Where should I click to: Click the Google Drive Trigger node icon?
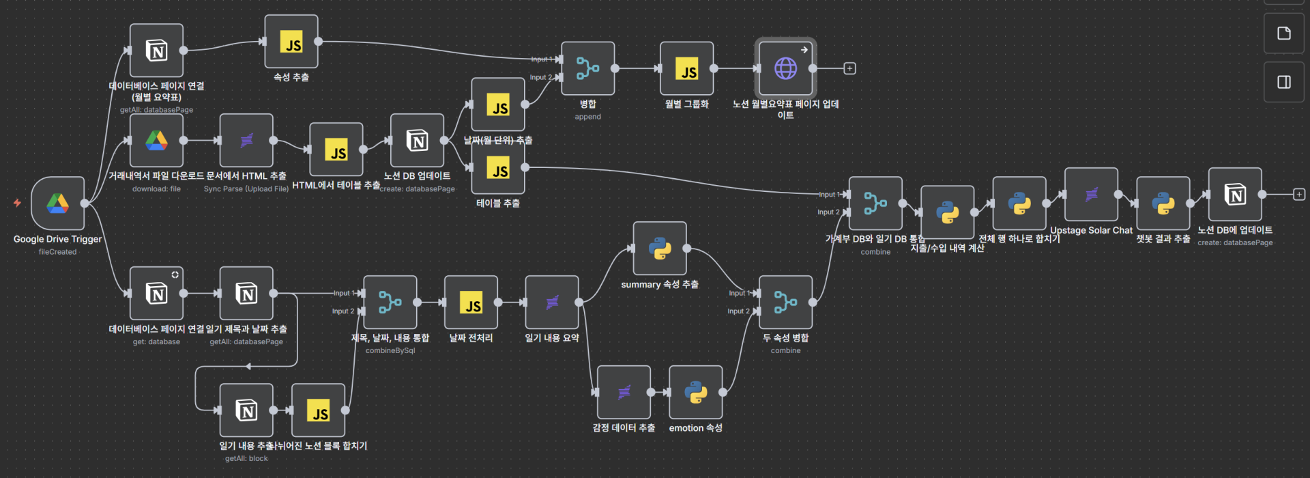(58, 203)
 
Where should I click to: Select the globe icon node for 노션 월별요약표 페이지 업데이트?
(785, 68)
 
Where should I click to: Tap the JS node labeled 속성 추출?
(291, 42)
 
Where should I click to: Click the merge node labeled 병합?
(587, 68)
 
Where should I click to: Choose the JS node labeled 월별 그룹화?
(686, 68)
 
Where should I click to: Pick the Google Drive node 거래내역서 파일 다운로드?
(156, 141)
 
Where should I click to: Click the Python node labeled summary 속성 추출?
(659, 249)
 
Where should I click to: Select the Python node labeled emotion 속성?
(695, 392)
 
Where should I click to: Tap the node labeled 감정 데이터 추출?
(624, 392)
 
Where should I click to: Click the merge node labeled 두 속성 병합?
(785, 302)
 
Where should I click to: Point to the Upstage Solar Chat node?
(1091, 195)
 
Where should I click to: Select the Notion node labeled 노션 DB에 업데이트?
(1234, 195)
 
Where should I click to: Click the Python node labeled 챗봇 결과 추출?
(1163, 203)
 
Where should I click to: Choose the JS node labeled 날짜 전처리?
(471, 302)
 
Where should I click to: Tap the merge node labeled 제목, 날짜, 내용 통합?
(390, 302)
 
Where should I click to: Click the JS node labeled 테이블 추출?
(498, 167)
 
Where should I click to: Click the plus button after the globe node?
(849, 68)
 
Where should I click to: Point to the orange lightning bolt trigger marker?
(17, 203)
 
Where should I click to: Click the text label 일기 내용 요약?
(552, 338)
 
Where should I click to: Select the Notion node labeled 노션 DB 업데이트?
(417, 141)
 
